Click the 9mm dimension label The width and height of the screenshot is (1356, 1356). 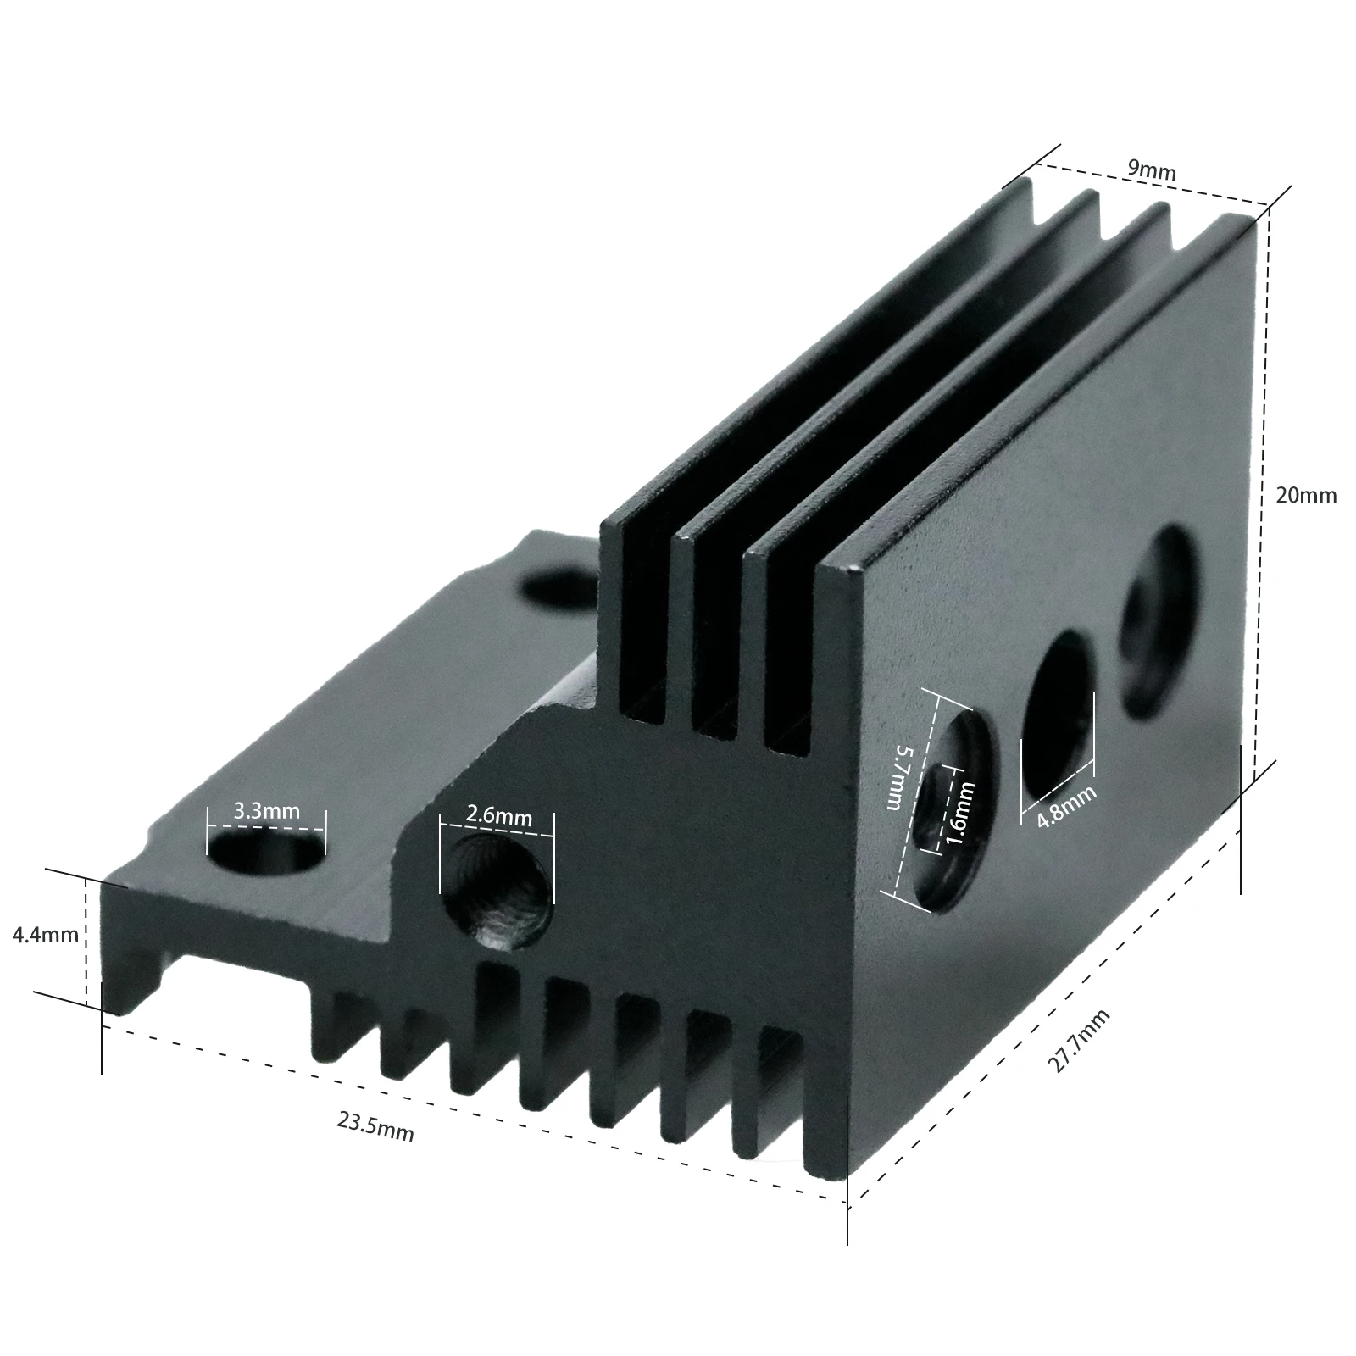coord(1151,169)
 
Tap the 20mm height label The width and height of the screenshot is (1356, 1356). coord(1305,495)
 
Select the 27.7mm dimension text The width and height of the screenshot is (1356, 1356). coord(1078,1042)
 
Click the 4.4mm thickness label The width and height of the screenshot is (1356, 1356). coord(45,936)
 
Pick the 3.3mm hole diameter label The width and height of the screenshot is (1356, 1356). coord(266,811)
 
